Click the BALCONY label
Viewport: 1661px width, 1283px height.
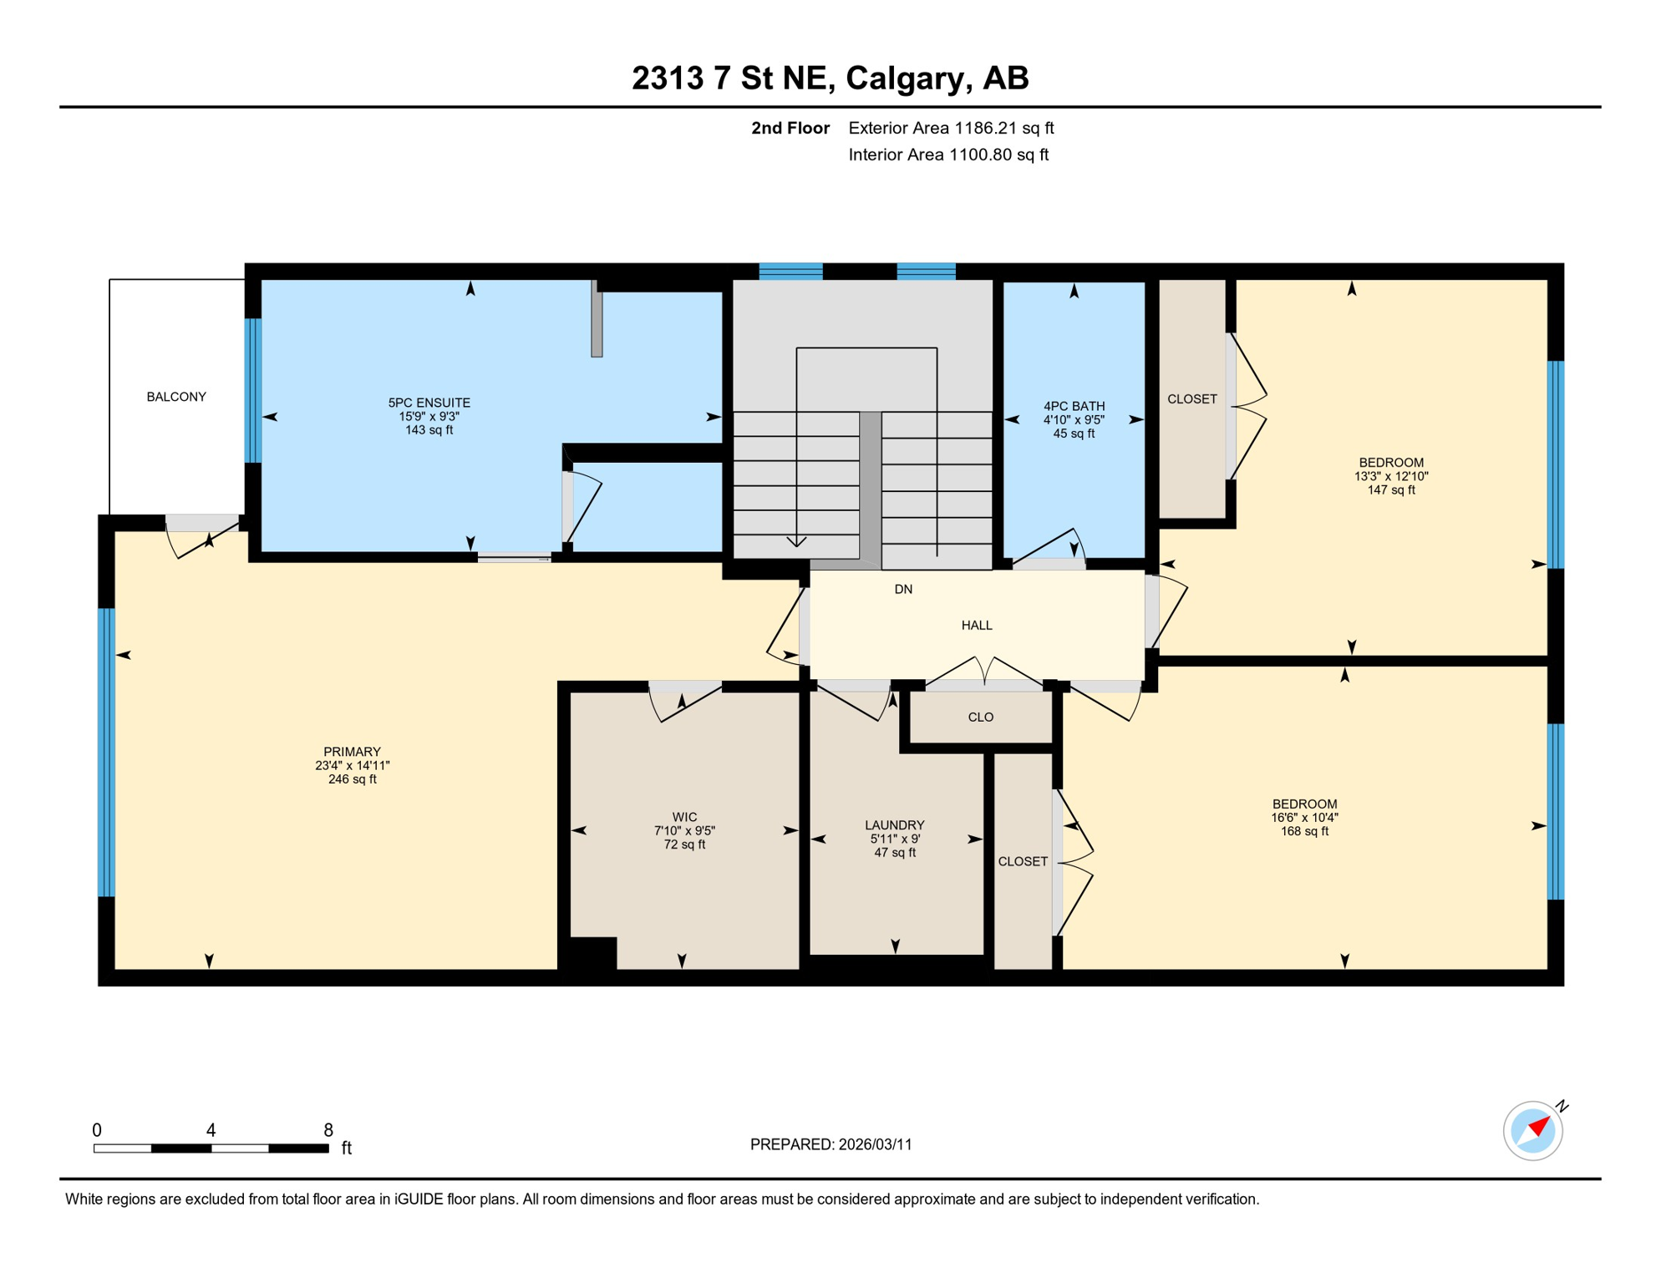176,397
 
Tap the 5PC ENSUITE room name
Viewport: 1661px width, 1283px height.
429,403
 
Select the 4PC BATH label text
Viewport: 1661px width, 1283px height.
1074,406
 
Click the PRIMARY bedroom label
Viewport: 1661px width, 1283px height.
352,752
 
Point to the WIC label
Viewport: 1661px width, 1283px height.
684,817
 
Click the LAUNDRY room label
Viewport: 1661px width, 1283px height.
894,825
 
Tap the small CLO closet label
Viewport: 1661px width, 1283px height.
980,718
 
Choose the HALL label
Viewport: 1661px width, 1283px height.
976,626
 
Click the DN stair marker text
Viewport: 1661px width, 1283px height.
903,590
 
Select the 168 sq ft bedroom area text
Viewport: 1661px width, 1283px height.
1303,831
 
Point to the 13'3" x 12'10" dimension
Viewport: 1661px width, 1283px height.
1390,477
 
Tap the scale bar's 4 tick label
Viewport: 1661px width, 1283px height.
211,1130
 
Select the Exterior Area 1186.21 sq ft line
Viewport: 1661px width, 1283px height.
950,128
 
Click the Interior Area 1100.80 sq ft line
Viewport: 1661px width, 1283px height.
947,155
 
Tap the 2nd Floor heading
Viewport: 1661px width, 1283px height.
790,128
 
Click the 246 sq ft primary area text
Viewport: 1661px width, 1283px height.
352,779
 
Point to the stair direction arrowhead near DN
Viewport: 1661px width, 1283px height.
796,543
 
